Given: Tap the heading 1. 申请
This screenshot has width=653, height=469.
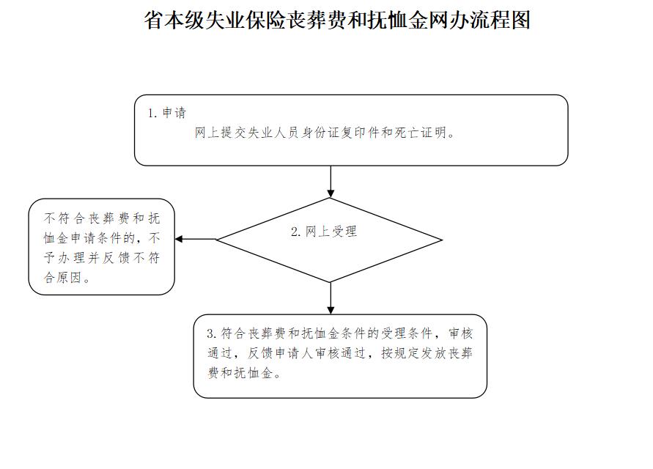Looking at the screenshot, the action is click(x=167, y=112).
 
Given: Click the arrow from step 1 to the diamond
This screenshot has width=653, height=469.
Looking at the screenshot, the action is click(x=331, y=182).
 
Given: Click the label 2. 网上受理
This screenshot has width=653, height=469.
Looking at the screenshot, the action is click(x=324, y=231).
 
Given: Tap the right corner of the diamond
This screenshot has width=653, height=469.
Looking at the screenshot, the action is click(x=442, y=240).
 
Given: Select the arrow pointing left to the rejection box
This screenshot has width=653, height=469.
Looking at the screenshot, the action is click(x=196, y=239).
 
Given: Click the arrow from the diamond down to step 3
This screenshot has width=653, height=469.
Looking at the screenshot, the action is click(x=331, y=298).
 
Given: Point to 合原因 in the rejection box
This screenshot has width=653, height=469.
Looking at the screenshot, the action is click(x=62, y=278).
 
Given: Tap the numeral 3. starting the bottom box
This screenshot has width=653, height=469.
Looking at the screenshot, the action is click(x=211, y=333).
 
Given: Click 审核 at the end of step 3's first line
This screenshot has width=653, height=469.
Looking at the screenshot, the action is click(x=460, y=333).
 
